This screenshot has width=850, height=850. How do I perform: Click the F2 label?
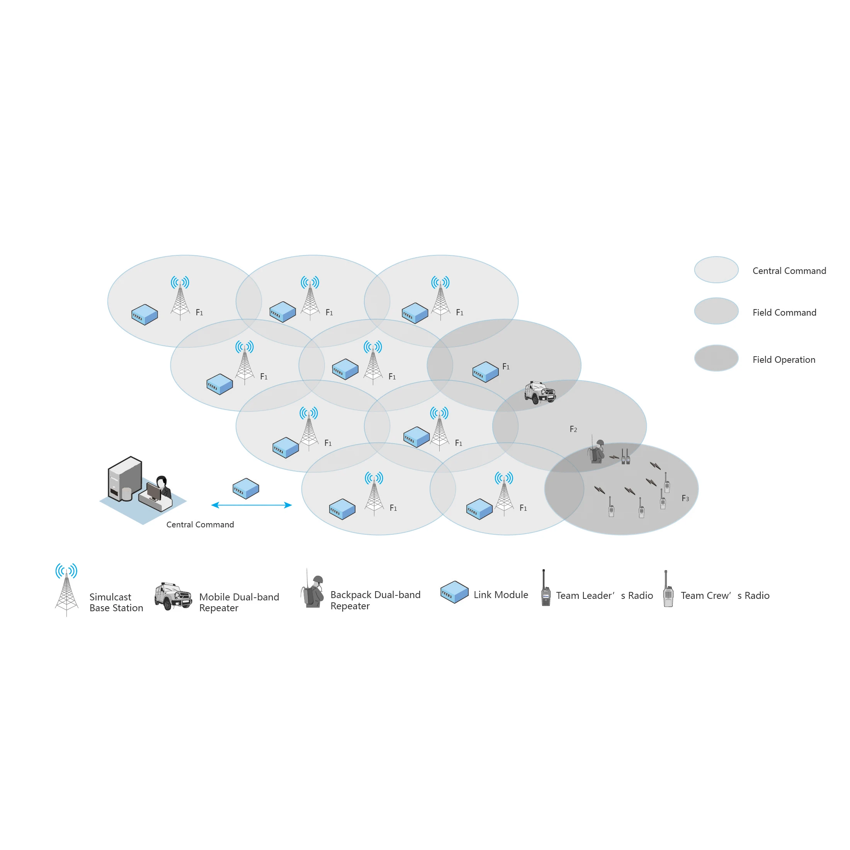pos(573,429)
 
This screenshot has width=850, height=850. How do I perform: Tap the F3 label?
pos(685,498)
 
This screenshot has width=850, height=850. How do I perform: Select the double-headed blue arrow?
pos(251,505)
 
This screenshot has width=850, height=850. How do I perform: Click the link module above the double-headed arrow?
pos(245,488)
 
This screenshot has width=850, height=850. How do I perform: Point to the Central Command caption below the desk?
pos(200,524)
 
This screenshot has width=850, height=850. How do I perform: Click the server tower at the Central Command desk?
pos(124,479)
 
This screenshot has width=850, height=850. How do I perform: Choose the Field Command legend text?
pos(784,312)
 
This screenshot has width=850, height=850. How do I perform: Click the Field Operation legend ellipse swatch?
pos(716,358)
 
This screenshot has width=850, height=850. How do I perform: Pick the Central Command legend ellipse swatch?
pos(716,269)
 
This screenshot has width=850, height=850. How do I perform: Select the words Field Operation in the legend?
pos(784,359)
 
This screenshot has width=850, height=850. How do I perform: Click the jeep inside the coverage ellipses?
pos(539,392)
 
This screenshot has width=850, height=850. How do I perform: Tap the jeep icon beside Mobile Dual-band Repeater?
pos(173,596)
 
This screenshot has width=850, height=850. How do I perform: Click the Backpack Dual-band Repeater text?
pos(375,600)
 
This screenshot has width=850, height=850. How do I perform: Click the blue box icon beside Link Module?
pos(454,592)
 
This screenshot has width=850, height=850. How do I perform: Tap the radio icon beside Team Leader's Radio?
pos(545,590)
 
